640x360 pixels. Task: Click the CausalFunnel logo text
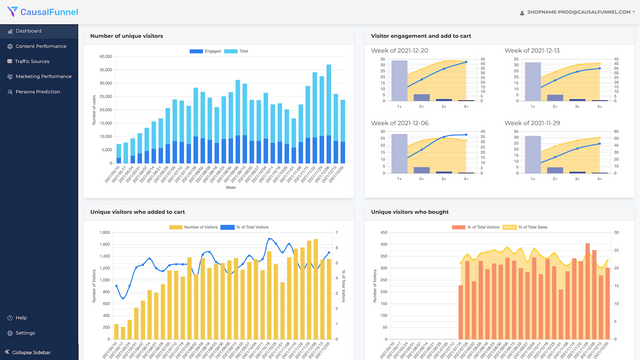coord(42,12)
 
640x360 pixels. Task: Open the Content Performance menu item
coord(41,46)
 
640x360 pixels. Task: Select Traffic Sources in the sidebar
coord(35,61)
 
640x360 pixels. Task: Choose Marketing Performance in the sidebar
coord(43,76)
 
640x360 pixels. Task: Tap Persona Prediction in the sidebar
coord(39,91)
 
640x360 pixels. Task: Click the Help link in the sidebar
coord(21,318)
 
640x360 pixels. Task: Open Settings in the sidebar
coord(25,333)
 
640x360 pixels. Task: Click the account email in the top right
coord(577,12)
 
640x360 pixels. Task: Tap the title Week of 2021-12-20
coord(400,50)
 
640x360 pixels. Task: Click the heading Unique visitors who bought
coord(410,212)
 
